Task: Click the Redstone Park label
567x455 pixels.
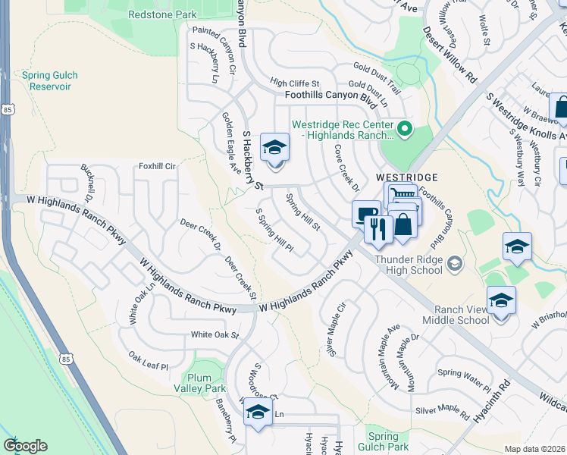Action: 162,14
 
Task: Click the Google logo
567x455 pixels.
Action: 25,445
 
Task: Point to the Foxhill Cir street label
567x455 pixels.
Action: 157,166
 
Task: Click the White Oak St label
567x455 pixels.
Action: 215,334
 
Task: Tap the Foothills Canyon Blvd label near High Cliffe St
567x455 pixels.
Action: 330,96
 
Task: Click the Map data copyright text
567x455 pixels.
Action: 534,449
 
